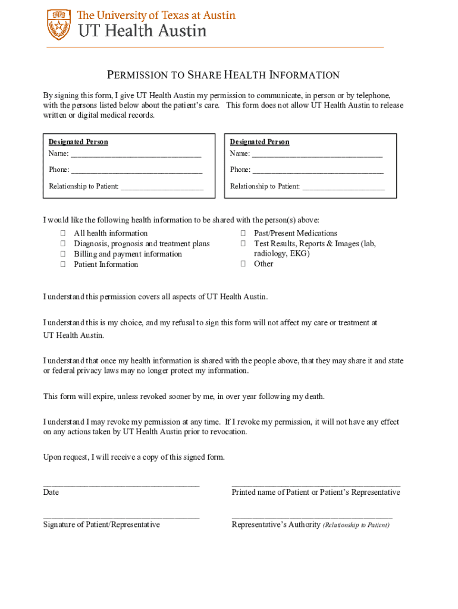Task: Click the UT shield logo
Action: [x=59, y=24]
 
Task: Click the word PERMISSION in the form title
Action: [x=136, y=76]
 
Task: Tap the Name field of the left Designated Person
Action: [x=136, y=155]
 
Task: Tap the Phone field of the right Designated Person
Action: [x=318, y=171]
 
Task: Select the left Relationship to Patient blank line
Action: [x=162, y=187]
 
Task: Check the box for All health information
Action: [x=62, y=234]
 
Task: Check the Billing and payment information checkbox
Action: [x=62, y=255]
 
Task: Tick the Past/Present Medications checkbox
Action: [x=243, y=234]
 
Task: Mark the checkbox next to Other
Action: [x=243, y=264]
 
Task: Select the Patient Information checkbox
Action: [x=62, y=265]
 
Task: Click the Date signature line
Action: [x=121, y=485]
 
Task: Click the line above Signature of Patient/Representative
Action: [x=121, y=517]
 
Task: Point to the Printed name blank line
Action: [x=316, y=485]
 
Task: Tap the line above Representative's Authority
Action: [x=312, y=517]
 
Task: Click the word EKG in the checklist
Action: [x=299, y=254]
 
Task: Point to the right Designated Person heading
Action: [x=260, y=142]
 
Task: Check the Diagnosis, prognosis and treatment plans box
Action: [x=62, y=244]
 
